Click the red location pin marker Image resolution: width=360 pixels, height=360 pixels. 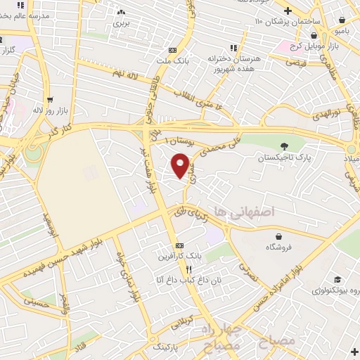181,164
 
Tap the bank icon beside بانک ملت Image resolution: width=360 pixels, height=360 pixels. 172,50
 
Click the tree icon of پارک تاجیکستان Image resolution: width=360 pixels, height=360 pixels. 283,146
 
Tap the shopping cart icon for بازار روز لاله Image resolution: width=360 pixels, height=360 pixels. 49,101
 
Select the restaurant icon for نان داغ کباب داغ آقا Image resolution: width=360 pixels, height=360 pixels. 188,269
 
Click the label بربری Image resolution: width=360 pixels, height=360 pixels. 122,22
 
